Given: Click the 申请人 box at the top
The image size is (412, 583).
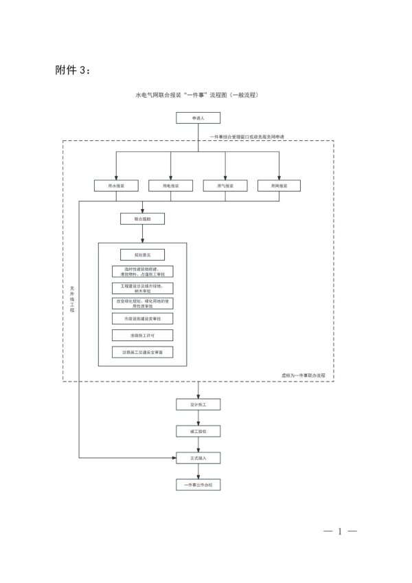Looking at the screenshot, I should [198, 119].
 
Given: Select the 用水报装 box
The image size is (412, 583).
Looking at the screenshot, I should [116, 186].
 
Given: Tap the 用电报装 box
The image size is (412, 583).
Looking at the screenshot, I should [171, 186].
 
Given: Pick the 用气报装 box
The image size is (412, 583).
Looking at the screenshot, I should [225, 186].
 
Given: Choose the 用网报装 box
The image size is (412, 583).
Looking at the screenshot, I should [279, 186].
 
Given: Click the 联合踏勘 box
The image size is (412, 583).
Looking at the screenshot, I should [142, 219].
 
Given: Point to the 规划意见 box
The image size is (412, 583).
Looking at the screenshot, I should [142, 255].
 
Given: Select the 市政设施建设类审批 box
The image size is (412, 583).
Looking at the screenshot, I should [142, 319].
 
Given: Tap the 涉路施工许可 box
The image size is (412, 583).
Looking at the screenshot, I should [142, 335].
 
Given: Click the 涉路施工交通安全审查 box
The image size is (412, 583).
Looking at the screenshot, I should [142, 352].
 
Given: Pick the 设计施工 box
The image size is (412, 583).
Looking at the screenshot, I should [198, 405].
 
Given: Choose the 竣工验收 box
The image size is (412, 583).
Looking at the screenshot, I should [198, 431].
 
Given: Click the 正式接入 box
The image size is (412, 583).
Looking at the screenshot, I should [198, 457].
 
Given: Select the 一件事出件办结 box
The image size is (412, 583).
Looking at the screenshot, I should [198, 484].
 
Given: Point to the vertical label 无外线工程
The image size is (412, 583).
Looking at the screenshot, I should [72, 300].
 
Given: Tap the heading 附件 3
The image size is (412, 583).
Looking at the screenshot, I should [71, 70].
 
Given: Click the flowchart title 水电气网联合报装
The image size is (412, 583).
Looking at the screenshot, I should [198, 93].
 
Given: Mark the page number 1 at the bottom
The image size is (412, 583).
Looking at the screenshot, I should [339, 531].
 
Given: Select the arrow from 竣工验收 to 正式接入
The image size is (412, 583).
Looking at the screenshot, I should [198, 444].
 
